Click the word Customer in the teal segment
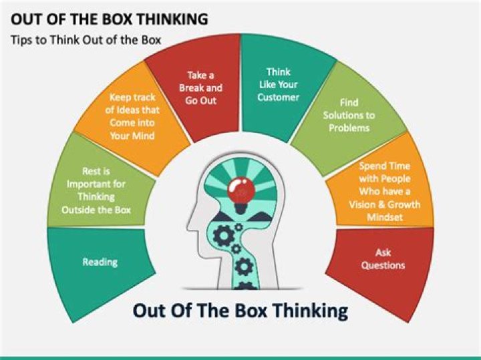pyautogui.click(x=279, y=97)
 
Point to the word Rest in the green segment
pyautogui.click(x=92, y=171)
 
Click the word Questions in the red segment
pyautogui.click(x=383, y=265)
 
